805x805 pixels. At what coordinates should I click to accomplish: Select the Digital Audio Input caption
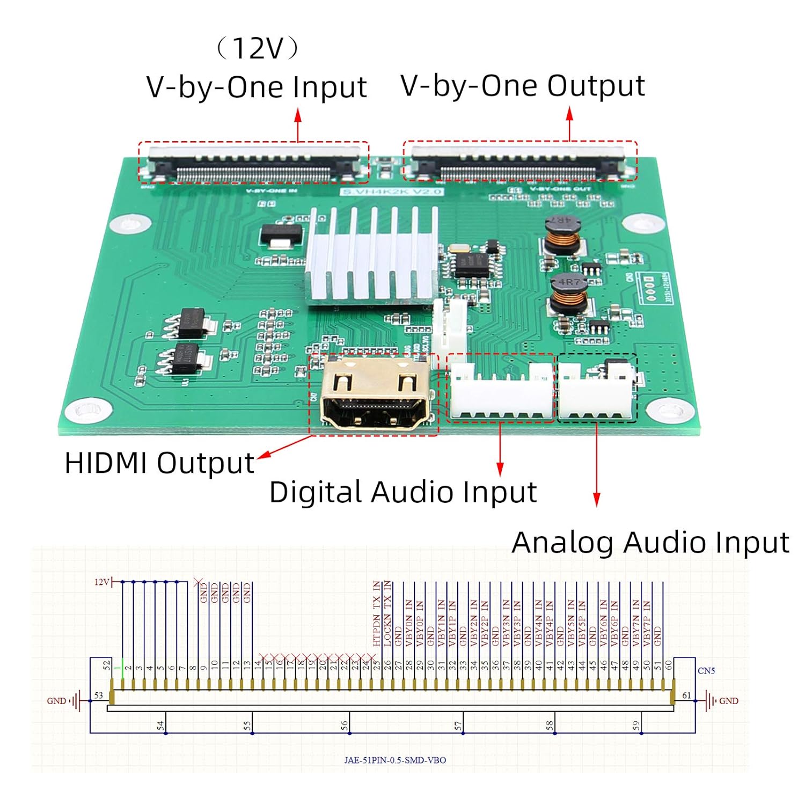402,492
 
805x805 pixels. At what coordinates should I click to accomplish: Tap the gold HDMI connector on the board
374,394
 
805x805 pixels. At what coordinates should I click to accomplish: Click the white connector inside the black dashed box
596,392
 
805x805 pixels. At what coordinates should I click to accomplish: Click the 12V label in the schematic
101,582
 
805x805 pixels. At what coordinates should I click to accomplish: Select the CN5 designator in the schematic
706,671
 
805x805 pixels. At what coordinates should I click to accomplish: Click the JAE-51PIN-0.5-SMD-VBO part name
395,760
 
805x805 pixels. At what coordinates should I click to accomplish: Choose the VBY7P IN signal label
647,623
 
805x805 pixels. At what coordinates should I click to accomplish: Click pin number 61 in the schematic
686,696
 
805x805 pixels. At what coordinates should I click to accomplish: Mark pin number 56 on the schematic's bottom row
344,726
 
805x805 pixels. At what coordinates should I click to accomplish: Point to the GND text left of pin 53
56,701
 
